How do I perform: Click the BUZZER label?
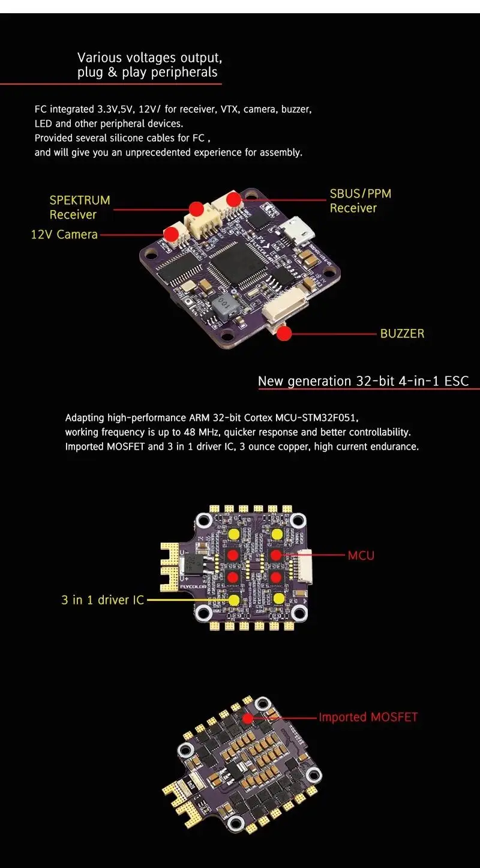(x=402, y=334)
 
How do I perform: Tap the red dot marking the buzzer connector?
(x=284, y=333)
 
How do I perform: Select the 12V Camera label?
(x=64, y=235)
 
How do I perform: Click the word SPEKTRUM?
(x=80, y=200)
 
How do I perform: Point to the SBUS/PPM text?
(x=360, y=194)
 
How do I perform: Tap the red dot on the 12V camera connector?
(x=172, y=234)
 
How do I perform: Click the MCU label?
(x=361, y=555)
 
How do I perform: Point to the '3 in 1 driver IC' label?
(x=103, y=600)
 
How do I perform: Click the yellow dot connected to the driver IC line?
(x=234, y=600)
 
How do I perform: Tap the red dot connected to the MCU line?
(x=277, y=555)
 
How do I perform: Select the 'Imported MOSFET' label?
(x=368, y=717)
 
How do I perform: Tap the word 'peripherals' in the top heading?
(x=184, y=73)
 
